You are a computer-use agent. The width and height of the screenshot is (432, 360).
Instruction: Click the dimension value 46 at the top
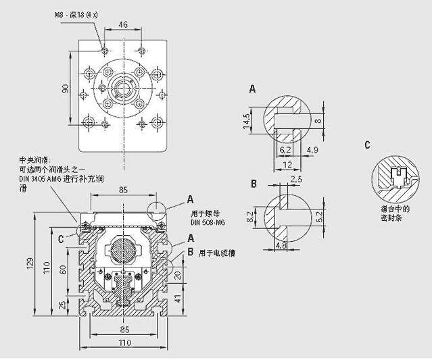[122, 25]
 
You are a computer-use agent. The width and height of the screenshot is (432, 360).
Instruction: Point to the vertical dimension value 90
[65, 88]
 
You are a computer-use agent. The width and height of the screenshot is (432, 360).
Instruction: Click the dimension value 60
[63, 269]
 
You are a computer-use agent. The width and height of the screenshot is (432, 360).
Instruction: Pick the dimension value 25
[63, 305]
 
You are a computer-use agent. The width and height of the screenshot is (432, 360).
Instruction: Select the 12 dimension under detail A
[287, 165]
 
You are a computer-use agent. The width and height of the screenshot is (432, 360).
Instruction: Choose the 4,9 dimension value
[312, 149]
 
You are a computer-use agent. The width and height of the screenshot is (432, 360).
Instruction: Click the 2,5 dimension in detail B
[295, 180]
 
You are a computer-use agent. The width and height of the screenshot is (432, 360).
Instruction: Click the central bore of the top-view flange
[124, 86]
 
